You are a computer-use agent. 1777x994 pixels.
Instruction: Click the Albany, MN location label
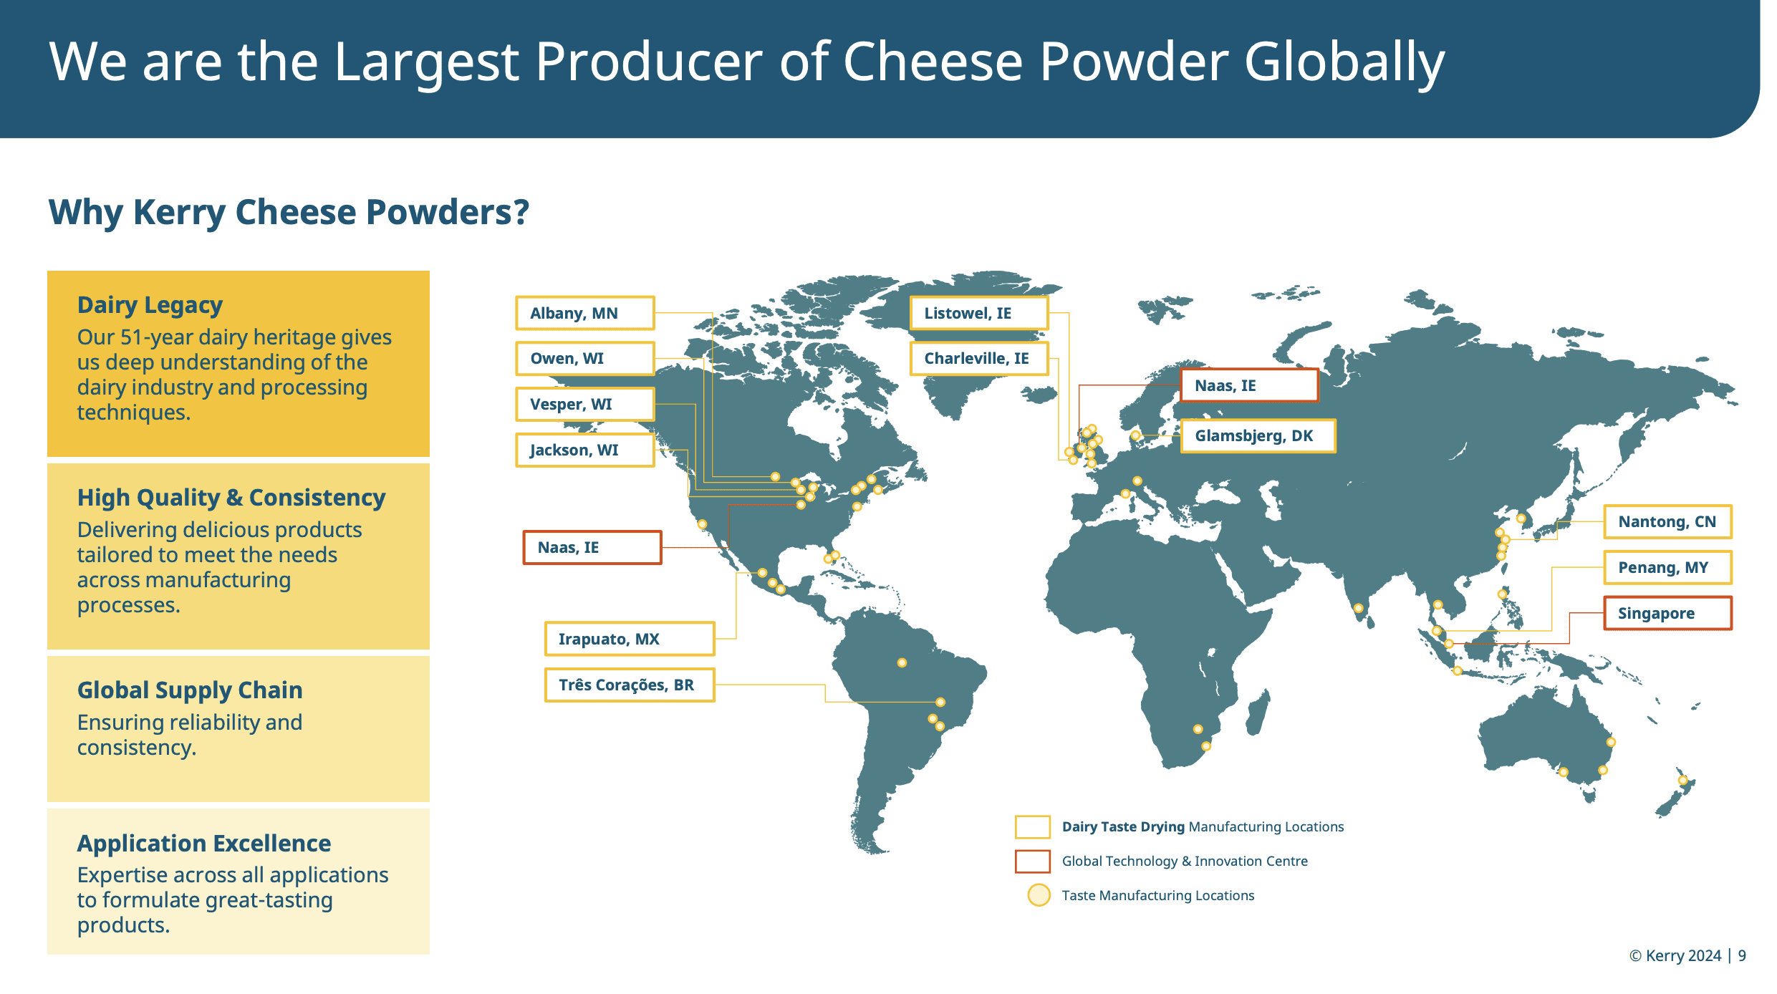point(585,313)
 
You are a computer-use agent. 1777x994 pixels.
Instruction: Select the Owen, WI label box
point(585,358)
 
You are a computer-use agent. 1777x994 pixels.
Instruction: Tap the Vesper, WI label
point(585,404)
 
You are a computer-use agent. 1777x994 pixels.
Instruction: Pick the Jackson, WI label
point(585,450)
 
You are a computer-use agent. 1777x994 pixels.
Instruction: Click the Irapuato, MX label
point(630,639)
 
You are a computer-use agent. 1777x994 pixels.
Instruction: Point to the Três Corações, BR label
point(630,685)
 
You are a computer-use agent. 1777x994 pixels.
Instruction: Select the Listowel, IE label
point(979,313)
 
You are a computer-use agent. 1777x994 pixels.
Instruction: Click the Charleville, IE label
point(979,358)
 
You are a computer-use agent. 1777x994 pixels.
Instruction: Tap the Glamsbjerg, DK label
point(1258,435)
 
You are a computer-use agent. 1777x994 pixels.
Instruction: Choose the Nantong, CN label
point(1667,521)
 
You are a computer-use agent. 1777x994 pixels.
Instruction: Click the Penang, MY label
point(1667,567)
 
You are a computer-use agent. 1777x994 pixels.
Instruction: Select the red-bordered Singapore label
point(1667,613)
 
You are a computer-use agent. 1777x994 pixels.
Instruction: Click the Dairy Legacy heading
point(150,305)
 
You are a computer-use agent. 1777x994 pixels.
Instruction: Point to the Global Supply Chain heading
point(190,690)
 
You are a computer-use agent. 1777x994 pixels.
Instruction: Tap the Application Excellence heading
point(204,843)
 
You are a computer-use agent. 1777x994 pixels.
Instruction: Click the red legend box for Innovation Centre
point(1033,861)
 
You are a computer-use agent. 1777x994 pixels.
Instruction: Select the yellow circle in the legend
point(1039,895)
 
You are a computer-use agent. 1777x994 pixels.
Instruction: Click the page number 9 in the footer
point(1742,956)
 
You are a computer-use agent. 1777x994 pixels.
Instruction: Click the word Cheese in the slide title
point(933,62)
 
